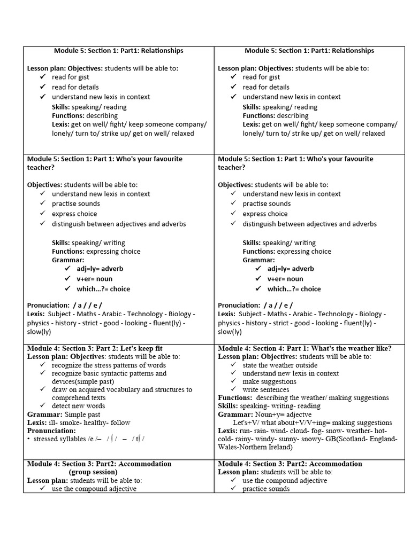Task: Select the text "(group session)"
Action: click(93, 472)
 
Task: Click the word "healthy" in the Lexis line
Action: click(92, 423)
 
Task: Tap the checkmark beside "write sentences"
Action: click(233, 390)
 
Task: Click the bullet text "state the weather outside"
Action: click(280, 365)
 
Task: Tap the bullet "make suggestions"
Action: click(269, 381)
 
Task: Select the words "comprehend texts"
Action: click(79, 398)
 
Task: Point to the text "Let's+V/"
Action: click(247, 423)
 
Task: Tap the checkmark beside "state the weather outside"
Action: click(233, 365)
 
